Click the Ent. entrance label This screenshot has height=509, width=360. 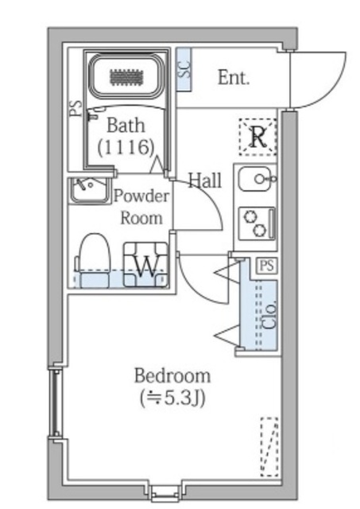click(234, 78)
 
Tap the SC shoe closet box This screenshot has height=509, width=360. click(184, 69)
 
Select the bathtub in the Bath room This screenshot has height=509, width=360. click(126, 77)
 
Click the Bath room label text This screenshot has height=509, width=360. click(126, 126)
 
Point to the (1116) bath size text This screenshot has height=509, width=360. click(126, 147)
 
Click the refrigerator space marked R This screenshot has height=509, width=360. click(257, 137)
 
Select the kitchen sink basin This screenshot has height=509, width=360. click(255, 179)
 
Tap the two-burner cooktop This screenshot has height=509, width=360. click(257, 224)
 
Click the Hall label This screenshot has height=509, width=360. click(205, 181)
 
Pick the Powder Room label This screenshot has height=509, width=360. click(141, 207)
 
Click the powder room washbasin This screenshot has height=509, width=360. click(89, 191)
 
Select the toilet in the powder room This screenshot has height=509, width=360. click(94, 260)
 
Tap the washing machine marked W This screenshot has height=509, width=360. click(145, 265)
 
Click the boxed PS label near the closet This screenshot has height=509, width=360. click(267, 266)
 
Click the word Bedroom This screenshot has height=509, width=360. click(172, 376)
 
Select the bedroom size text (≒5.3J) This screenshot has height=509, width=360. click(172, 398)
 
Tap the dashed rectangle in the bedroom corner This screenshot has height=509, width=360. click(269, 447)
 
